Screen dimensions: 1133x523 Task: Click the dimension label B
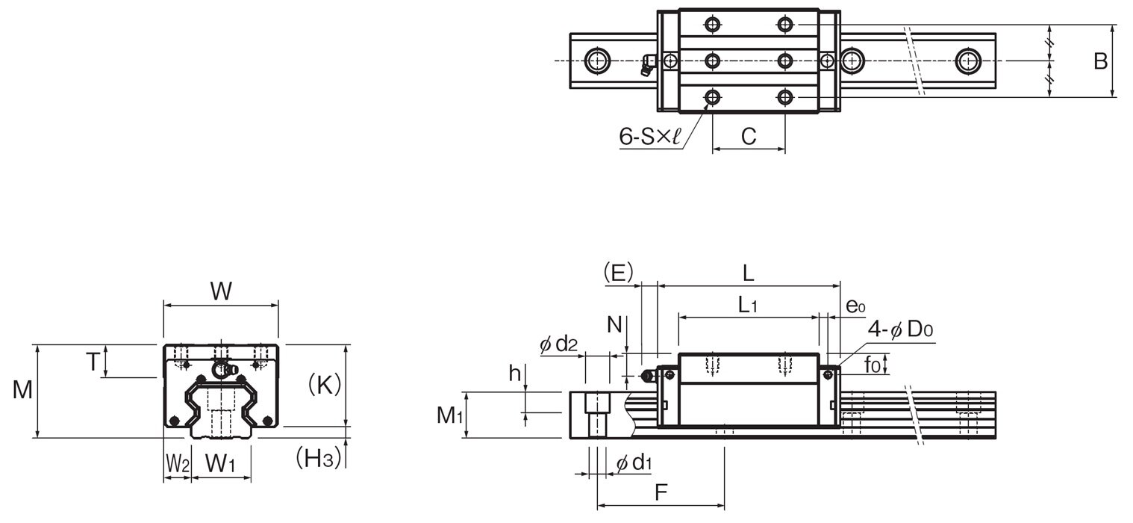coord(1101,61)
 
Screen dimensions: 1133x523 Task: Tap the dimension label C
coord(749,137)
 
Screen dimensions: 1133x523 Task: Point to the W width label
coord(221,291)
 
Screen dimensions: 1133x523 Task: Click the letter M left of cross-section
coord(22,390)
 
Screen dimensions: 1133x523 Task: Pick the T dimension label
coord(93,362)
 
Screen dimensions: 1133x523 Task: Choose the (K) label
coord(324,386)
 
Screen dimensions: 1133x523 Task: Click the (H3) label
coord(319,458)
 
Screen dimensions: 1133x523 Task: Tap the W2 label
coord(178,464)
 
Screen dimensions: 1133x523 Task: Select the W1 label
coord(220,464)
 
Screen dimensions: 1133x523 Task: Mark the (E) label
coord(619,273)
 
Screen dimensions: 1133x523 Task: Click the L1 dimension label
coord(748,305)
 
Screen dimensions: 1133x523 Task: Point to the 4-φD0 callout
coord(900,329)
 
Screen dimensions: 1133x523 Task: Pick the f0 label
coord(873,364)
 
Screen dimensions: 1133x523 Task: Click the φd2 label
coord(559,344)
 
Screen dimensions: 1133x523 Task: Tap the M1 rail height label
coord(449,415)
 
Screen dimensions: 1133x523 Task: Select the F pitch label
coord(661,492)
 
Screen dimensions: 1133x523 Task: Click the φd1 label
coord(634,462)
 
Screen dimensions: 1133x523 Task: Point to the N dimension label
coord(614,324)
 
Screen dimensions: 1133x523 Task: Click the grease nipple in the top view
coord(647,65)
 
